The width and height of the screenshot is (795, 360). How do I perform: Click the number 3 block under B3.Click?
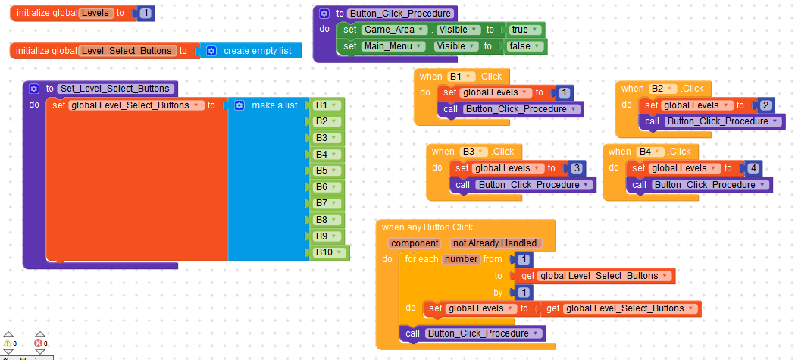click(577, 168)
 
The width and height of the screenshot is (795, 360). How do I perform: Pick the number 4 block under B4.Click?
click(753, 168)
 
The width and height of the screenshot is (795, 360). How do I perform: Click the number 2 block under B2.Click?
click(766, 105)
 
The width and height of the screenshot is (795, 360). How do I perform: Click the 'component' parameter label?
click(415, 243)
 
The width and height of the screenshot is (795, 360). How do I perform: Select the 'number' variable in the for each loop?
click(461, 259)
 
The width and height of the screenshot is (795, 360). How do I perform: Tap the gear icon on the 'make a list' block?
click(239, 105)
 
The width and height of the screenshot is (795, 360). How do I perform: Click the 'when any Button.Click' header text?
click(427, 227)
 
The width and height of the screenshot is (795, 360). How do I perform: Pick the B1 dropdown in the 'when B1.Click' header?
click(461, 77)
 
